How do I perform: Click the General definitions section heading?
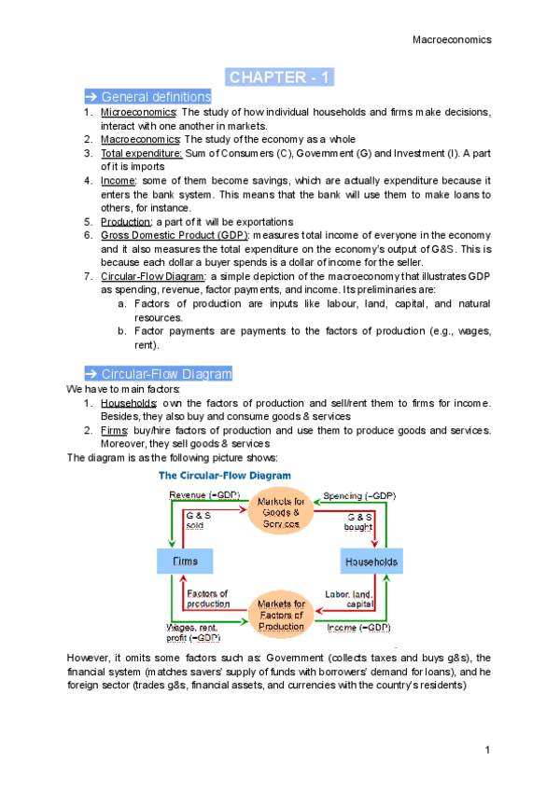click(x=148, y=97)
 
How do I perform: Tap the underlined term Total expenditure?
click(x=142, y=153)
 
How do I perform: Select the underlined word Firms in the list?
click(x=116, y=430)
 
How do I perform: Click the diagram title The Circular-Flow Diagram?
click(x=228, y=475)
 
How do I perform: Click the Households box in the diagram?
click(x=371, y=562)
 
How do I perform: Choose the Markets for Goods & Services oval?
click(x=279, y=513)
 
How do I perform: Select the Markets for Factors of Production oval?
click(x=280, y=615)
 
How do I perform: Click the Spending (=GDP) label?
click(x=358, y=494)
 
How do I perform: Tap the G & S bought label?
click(x=360, y=521)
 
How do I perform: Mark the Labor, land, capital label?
click(x=351, y=599)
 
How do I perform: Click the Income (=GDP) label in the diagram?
click(x=358, y=628)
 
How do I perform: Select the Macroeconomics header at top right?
click(x=451, y=39)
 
